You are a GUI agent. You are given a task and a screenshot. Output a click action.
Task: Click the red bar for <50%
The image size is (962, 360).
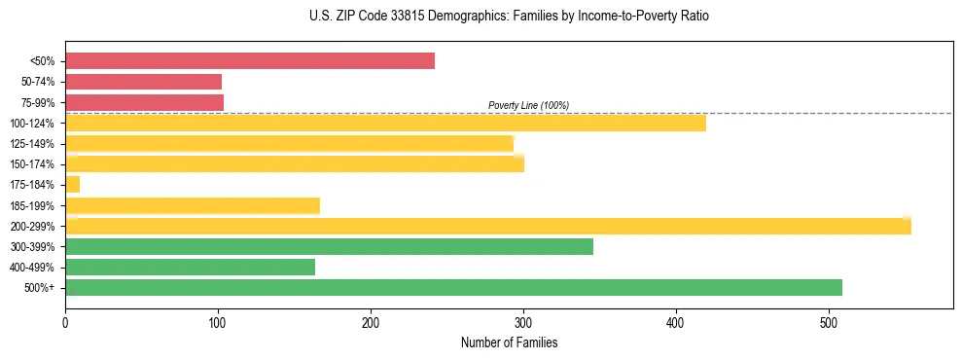coord(249,61)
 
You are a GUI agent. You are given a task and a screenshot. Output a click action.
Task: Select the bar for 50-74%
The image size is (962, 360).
coord(143,82)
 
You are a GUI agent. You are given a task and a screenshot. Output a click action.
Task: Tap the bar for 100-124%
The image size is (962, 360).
coord(385,123)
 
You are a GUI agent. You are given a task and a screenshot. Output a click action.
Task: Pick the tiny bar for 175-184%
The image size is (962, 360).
coord(72,184)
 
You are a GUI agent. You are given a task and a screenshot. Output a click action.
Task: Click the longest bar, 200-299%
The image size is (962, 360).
coord(487,226)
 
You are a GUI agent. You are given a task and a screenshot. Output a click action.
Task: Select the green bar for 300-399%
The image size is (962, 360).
coord(329,246)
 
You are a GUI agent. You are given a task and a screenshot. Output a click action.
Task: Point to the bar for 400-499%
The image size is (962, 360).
coord(190,267)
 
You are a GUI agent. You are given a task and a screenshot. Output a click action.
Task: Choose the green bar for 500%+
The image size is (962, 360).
coord(453,287)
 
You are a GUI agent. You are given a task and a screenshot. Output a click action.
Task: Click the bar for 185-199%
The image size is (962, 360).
coord(192,205)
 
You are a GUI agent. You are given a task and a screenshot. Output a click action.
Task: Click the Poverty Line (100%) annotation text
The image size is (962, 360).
coord(528,105)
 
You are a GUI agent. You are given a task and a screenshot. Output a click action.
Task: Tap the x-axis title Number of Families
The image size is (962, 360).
coord(509,343)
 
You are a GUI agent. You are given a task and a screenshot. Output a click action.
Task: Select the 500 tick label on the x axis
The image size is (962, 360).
coord(829,322)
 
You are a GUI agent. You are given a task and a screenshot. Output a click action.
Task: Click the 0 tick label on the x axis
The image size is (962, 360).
coord(65,322)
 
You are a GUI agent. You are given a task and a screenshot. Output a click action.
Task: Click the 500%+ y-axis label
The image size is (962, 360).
coord(42,288)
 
